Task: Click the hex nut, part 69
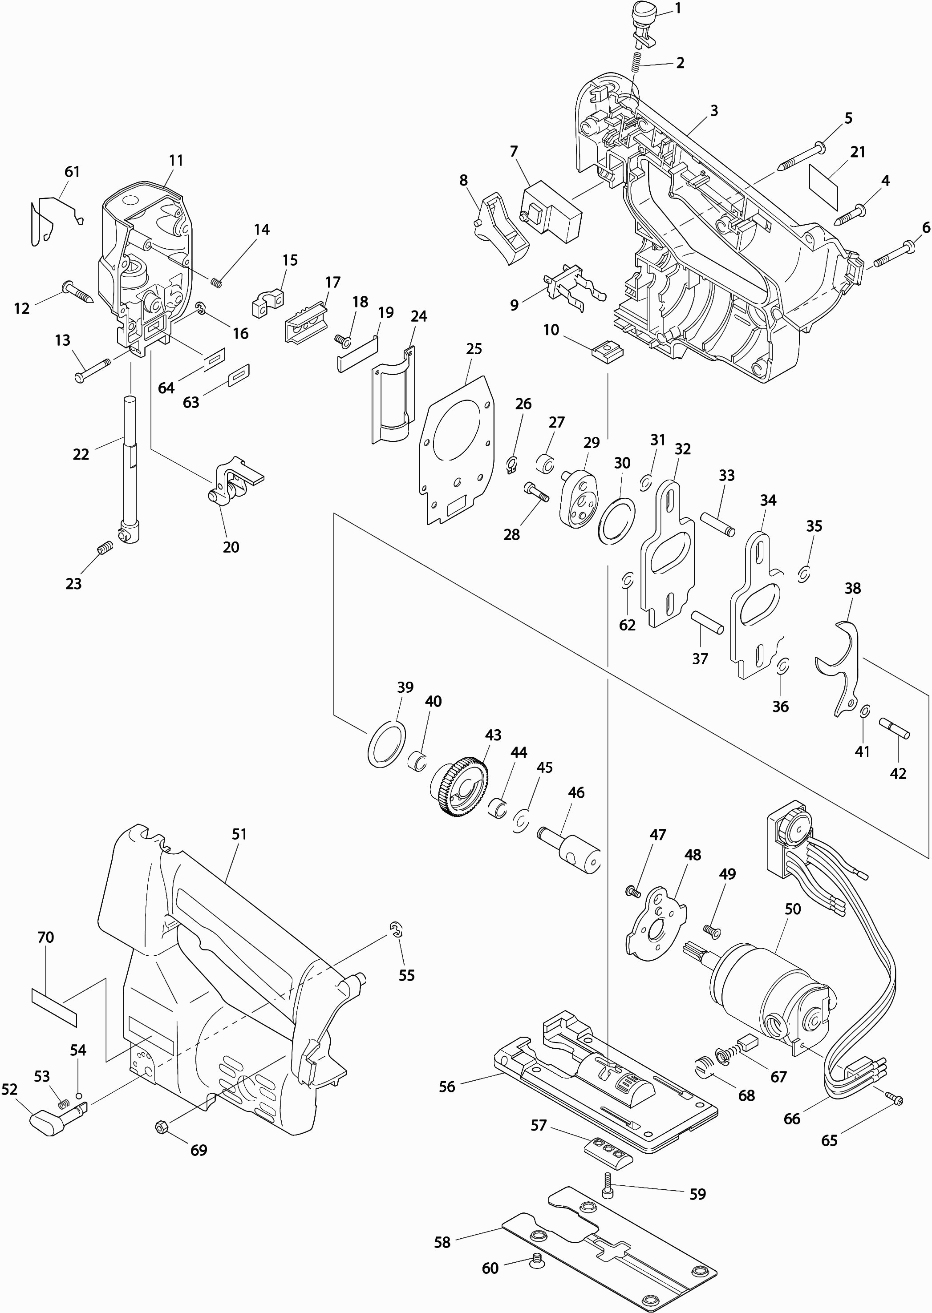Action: (161, 1127)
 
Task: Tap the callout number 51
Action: (239, 834)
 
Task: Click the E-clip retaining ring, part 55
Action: (395, 930)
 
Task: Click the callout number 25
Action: (474, 349)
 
